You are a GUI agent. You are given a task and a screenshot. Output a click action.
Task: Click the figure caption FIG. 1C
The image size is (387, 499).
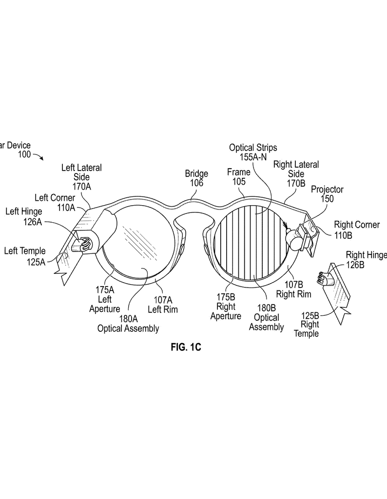pyautogui.click(x=186, y=346)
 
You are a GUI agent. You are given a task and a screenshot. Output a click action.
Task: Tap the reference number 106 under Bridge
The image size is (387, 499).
pyautogui.click(x=197, y=183)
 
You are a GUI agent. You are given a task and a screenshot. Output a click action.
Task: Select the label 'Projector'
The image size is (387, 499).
pyautogui.click(x=327, y=190)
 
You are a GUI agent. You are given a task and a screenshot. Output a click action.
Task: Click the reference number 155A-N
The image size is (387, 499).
pyautogui.click(x=253, y=157)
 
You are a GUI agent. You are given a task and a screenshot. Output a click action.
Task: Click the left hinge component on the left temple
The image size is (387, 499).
pyautogui.click(x=82, y=245)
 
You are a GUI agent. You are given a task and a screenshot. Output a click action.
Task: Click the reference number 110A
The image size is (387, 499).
pyautogui.click(x=66, y=208)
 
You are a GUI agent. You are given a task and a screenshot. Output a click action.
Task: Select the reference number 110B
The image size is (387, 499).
pyautogui.click(x=343, y=235)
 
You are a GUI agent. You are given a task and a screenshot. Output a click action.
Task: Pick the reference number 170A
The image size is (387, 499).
pyautogui.click(x=82, y=187)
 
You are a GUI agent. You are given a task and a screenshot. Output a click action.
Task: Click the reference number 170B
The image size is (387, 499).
pyautogui.click(x=296, y=183)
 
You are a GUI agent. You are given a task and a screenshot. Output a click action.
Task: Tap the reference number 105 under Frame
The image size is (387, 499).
pyautogui.click(x=239, y=182)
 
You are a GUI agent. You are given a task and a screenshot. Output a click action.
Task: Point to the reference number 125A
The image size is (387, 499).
pyautogui.click(x=36, y=262)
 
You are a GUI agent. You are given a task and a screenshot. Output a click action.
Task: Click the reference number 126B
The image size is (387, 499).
pyautogui.click(x=355, y=265)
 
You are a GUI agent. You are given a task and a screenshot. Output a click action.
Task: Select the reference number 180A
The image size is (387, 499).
pyautogui.click(x=128, y=319)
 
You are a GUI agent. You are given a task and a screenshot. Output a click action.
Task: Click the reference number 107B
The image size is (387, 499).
pyautogui.click(x=293, y=285)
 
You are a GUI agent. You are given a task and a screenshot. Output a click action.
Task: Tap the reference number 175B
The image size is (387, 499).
pyautogui.click(x=226, y=297)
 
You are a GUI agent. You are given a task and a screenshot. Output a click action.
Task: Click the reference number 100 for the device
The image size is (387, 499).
pyautogui.click(x=24, y=154)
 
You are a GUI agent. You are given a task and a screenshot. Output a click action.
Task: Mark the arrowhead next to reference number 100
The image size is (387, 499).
pyautogui.click(x=42, y=158)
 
